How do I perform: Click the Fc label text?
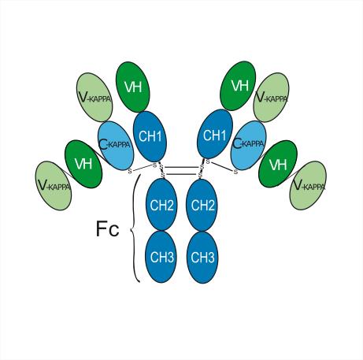(108, 228)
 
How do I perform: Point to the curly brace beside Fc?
(134, 228)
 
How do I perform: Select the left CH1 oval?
(150, 136)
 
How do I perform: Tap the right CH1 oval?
(215, 134)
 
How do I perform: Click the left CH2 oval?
(161, 205)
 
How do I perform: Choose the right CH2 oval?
(202, 205)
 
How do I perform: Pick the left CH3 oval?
(161, 257)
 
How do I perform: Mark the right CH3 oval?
(202, 258)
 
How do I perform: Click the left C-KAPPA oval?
(116, 146)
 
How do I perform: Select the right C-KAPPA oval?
(248, 145)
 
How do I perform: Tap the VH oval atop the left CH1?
(133, 87)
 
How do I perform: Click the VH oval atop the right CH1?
(238, 86)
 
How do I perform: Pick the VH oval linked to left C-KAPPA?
(83, 164)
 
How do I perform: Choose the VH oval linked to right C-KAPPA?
(278, 164)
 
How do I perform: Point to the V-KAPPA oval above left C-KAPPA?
(94, 98)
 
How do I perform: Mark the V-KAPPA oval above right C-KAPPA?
(271, 98)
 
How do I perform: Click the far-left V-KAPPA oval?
(54, 186)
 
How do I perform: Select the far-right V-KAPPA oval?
(308, 186)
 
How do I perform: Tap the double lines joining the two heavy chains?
(182, 170)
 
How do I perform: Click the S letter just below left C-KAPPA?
(130, 171)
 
